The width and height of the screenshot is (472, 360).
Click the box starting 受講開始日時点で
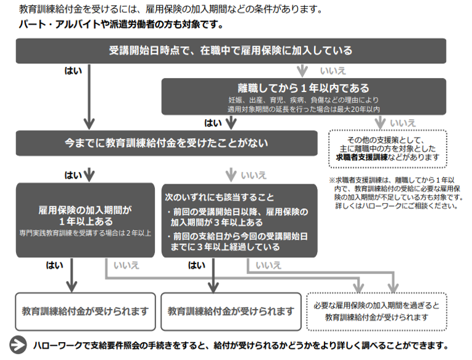(230, 50)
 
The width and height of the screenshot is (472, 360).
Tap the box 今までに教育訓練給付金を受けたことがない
(166, 143)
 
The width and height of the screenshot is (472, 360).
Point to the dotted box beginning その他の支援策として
(387, 148)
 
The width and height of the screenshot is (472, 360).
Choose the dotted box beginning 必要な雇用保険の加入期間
(376, 311)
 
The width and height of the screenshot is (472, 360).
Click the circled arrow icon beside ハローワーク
(20, 345)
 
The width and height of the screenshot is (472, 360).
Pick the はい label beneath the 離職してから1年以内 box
(213, 123)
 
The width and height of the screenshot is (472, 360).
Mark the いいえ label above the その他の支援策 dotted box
(403, 123)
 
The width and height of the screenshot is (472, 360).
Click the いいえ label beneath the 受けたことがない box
(253, 175)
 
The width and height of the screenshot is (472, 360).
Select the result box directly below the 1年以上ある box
(85, 311)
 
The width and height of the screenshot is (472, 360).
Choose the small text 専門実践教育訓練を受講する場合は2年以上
(85, 233)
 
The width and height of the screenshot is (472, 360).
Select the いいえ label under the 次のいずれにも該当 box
(269, 265)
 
